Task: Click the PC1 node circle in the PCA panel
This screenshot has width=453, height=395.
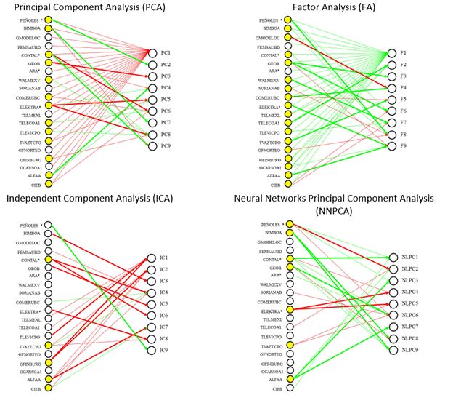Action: (x=153, y=52)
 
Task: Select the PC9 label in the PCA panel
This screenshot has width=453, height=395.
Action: (x=166, y=146)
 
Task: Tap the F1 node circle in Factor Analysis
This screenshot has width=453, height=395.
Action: (x=393, y=53)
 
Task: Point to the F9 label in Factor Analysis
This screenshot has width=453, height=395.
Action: (x=403, y=147)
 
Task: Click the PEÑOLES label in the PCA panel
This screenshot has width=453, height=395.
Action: (x=30, y=20)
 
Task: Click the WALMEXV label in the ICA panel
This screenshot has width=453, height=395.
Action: (x=30, y=285)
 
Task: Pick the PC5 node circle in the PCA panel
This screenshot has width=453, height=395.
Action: (x=153, y=100)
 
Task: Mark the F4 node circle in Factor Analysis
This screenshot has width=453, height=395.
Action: (x=393, y=88)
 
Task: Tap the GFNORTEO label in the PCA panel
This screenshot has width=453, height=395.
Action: (x=30, y=150)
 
